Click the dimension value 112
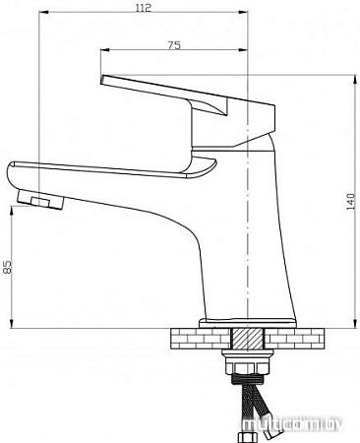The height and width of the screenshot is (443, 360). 145,9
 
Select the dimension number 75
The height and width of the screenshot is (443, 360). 173,43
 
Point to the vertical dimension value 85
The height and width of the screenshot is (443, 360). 8,267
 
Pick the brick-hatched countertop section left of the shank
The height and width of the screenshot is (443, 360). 198,341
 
